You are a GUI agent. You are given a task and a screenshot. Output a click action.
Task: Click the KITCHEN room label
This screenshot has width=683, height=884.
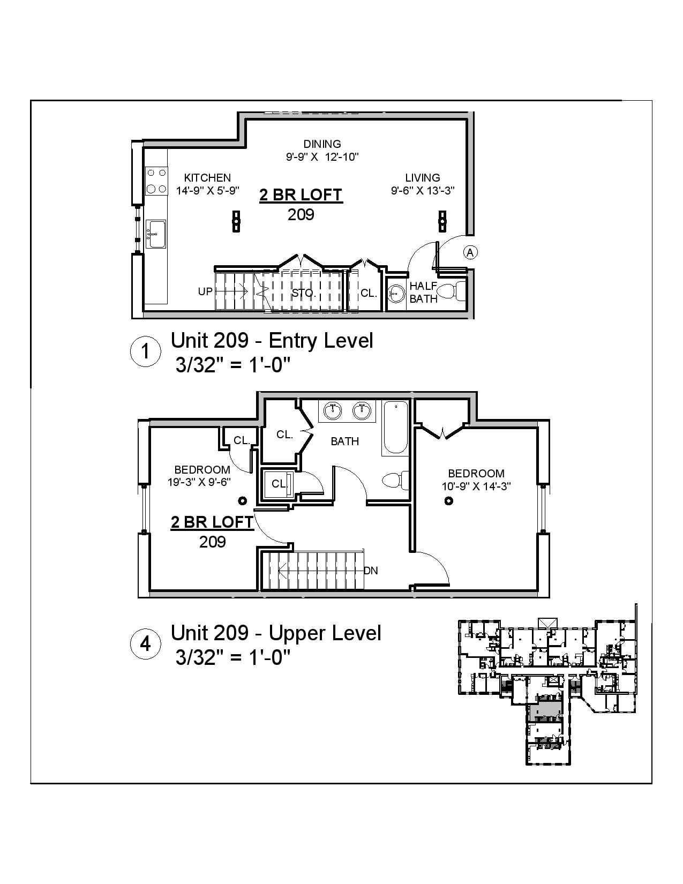207,177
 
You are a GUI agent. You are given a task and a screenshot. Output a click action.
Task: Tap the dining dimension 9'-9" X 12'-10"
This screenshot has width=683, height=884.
322,157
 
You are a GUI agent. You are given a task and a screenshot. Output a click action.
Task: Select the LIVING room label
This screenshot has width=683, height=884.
422,177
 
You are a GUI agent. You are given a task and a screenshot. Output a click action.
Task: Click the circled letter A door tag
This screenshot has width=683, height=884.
470,252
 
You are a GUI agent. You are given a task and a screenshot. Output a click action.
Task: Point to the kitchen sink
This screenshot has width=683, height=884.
156,234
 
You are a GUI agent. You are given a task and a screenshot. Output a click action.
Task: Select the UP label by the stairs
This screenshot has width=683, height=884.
206,291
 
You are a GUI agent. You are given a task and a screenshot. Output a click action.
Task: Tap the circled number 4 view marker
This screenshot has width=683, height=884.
146,643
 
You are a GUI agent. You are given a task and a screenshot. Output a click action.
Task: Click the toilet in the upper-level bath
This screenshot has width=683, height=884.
395,480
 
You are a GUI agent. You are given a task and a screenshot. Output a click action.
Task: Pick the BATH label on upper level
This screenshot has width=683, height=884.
344,441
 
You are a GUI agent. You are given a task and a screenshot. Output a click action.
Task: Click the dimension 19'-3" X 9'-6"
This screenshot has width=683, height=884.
199,482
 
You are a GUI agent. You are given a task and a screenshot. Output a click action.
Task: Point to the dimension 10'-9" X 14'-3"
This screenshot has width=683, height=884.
476,486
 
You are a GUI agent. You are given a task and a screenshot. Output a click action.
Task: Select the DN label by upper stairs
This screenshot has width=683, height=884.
371,571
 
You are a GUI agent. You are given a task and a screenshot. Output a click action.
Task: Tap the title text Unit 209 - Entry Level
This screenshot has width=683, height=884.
272,340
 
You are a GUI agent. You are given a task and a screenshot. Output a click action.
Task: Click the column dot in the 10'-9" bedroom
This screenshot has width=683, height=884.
449,500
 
